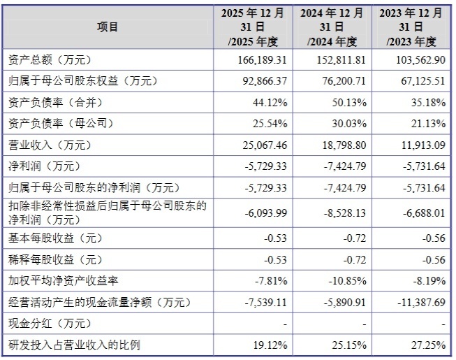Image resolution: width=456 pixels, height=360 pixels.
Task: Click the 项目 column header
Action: pyautogui.click(x=108, y=27)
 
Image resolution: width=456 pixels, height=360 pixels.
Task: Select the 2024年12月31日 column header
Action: pyautogui.click(x=332, y=27)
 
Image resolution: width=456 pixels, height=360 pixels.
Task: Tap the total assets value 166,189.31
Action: pyautogui.click(x=263, y=60)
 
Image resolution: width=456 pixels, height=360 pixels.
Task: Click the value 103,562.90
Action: pyautogui.click(x=420, y=60)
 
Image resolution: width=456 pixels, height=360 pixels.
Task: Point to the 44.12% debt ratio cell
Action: pyautogui.click(x=270, y=103)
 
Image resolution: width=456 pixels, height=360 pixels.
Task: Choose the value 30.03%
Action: pyautogui.click(x=349, y=124)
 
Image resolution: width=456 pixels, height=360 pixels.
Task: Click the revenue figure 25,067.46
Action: pyautogui.click(x=265, y=145)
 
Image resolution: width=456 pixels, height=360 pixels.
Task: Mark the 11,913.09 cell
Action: pyautogui.click(x=423, y=145)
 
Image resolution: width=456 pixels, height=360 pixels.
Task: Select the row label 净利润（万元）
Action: pyautogui.click(x=44, y=166)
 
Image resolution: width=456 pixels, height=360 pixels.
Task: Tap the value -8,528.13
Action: pyautogui.click(x=345, y=213)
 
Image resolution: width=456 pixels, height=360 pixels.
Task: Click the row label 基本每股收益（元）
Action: pyautogui.click(x=55, y=238)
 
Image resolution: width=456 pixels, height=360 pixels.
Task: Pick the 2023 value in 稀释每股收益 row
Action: pyautogui.click(x=434, y=259)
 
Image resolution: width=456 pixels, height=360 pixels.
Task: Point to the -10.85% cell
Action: pyautogui.click(x=348, y=281)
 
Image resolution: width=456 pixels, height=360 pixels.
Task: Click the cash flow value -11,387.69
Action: pyautogui.click(x=421, y=303)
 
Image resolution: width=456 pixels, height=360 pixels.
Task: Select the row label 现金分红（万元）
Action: pyautogui.click(x=50, y=324)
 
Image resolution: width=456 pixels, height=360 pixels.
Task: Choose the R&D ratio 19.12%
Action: pyautogui.click(x=270, y=345)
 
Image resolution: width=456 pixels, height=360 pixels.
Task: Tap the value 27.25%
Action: pyautogui.click(x=428, y=345)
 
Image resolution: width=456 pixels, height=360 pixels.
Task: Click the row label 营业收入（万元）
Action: pyautogui.click(x=50, y=145)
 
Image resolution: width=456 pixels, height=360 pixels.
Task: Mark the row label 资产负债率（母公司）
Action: pyautogui.click(x=61, y=124)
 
